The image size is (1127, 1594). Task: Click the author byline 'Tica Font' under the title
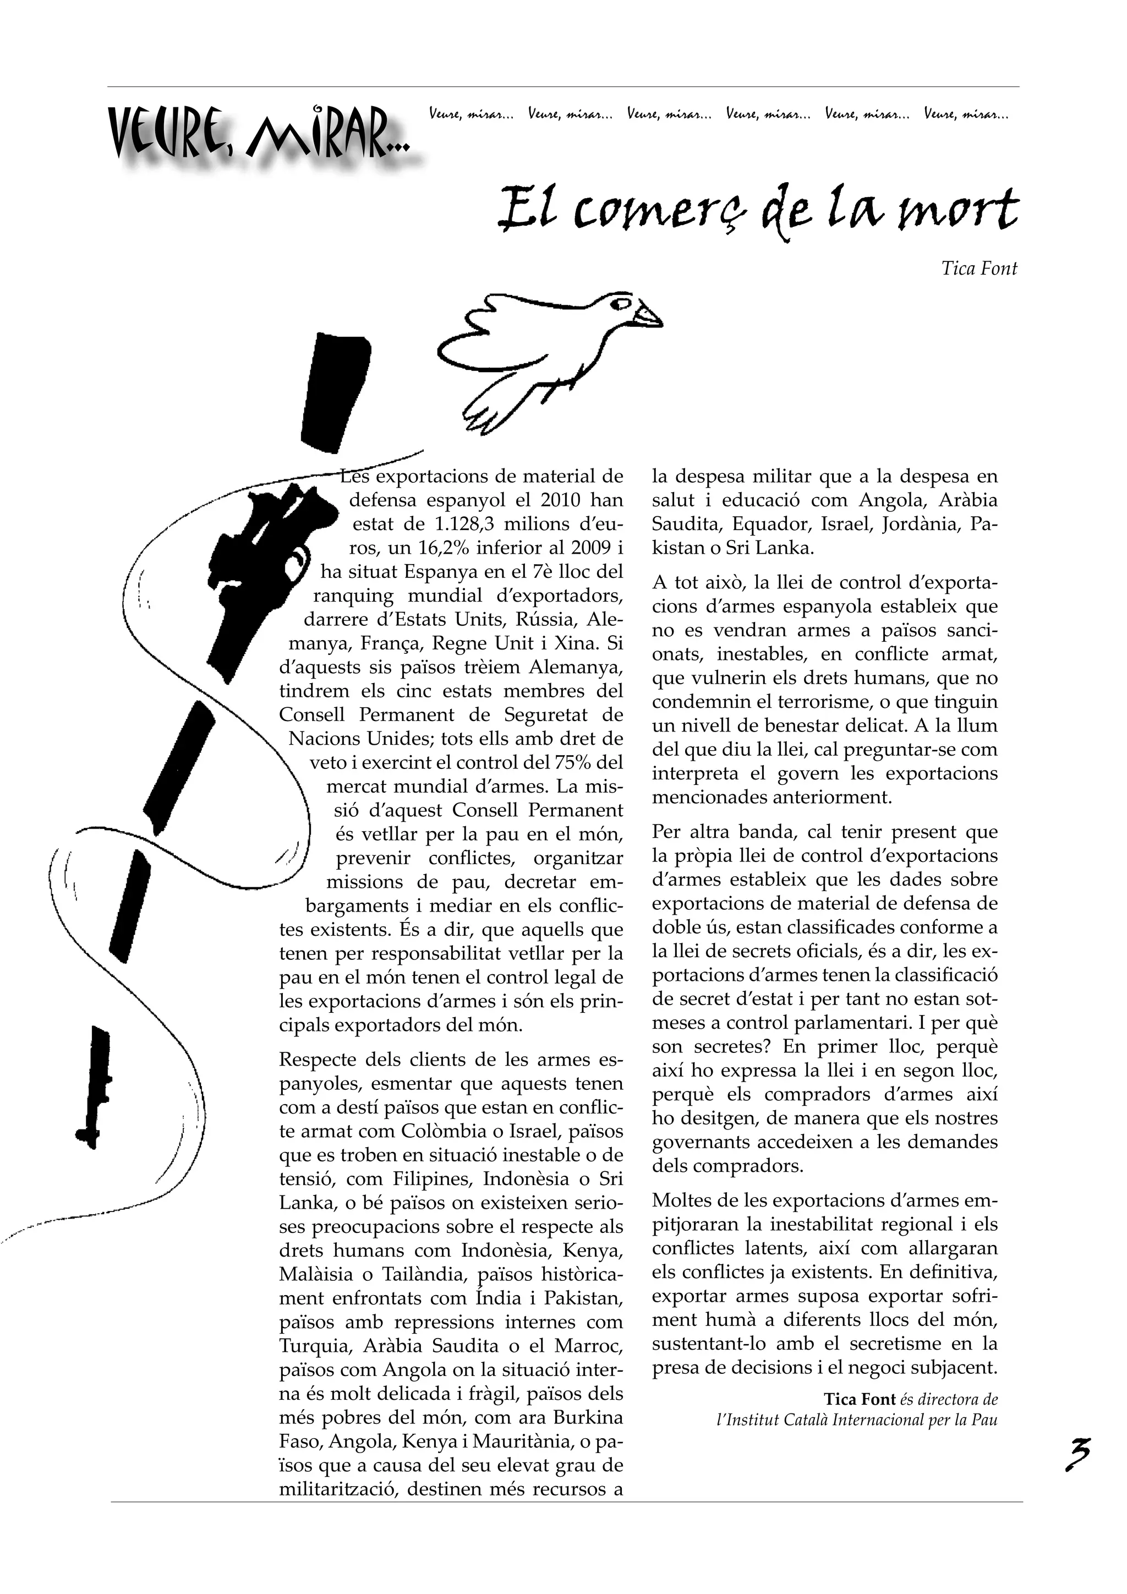[978, 269]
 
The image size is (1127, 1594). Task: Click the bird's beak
[649, 316]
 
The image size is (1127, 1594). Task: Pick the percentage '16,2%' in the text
[445, 548]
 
